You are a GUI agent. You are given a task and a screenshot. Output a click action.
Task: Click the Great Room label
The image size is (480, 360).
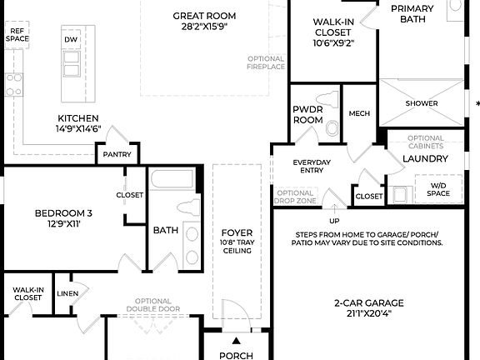[204, 16]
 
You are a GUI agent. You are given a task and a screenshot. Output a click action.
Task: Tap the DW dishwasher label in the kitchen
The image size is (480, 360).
[72, 39]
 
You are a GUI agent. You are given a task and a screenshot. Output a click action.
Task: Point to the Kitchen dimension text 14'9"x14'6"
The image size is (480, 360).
[78, 129]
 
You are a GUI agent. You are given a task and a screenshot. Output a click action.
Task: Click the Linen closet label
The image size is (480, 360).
[67, 293]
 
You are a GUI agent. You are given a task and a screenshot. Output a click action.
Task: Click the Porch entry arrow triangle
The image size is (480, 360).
[236, 341]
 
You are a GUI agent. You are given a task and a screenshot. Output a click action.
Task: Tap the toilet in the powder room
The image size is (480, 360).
[332, 127]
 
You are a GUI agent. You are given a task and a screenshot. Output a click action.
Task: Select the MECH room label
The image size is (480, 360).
[359, 113]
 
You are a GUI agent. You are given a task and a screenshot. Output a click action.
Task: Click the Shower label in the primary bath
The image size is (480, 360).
[422, 103]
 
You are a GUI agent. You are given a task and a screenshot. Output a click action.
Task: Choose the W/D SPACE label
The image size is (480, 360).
[437, 189]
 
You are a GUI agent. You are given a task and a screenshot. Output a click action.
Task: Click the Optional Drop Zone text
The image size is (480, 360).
[295, 197]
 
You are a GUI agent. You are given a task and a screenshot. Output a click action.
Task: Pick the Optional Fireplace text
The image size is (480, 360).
[266, 63]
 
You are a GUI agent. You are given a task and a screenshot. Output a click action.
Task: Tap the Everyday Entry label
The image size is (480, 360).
[312, 166]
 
